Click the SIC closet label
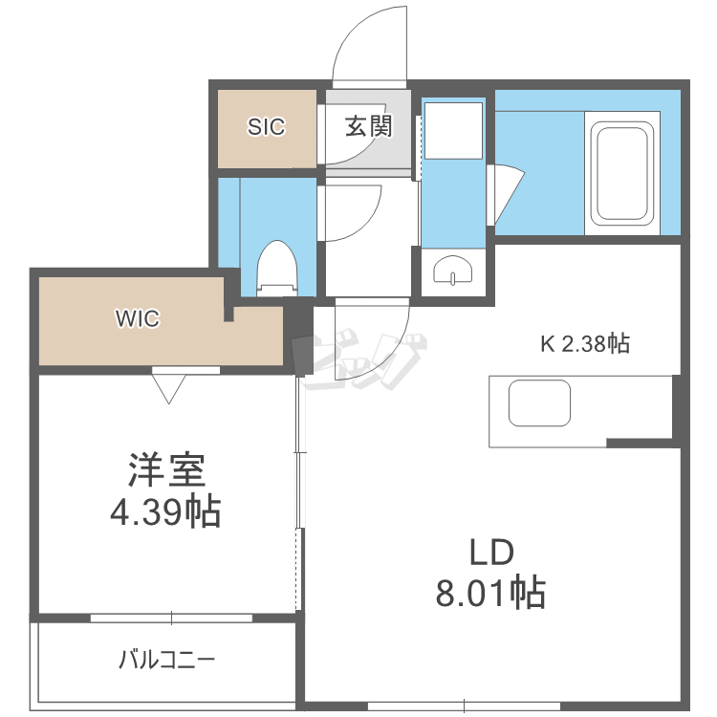267,126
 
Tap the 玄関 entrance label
369,126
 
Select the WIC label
138,319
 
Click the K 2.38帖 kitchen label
585,344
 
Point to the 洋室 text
167,471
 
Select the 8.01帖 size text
489,594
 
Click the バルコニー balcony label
167,660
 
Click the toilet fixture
277,267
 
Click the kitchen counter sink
539,402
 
